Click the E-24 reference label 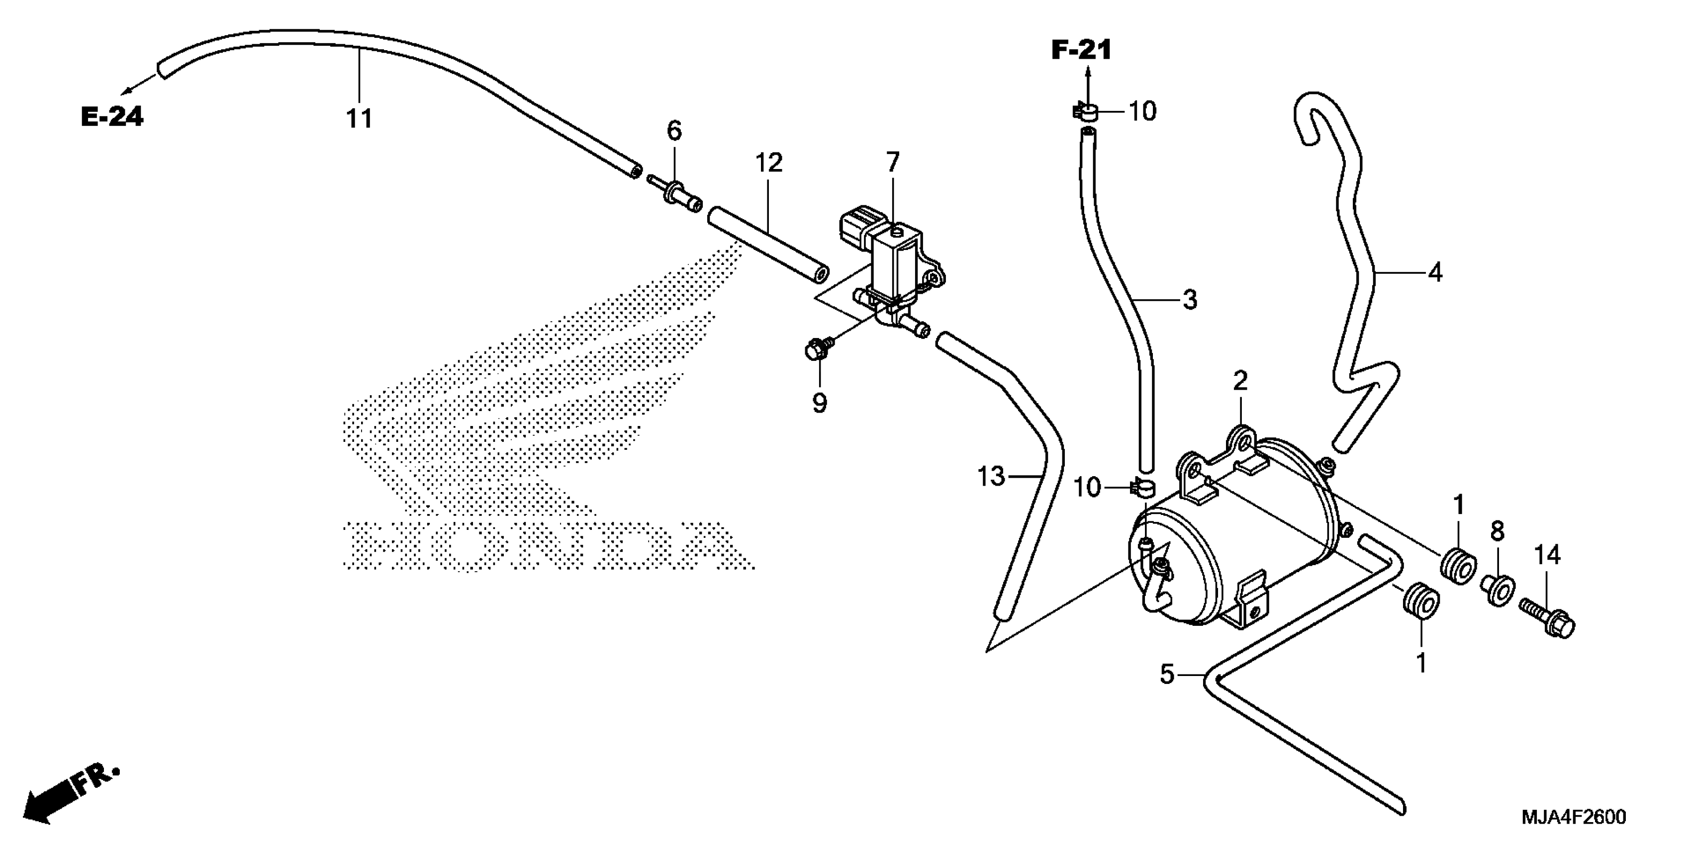coord(111,117)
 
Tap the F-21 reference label coord(1081,50)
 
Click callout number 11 coord(359,119)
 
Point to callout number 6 coord(674,131)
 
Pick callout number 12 coord(769,162)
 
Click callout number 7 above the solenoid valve coord(892,162)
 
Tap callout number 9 coord(819,403)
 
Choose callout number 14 coord(1547,555)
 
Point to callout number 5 coord(1166,674)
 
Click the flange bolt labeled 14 coord(1547,615)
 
